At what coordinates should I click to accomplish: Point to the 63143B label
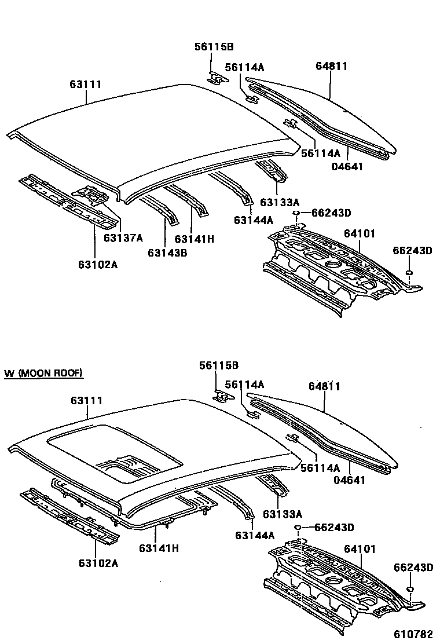(167, 252)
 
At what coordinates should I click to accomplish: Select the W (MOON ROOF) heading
(44, 373)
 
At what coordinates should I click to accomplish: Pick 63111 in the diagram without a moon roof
(86, 85)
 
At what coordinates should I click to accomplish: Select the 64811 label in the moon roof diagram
(324, 387)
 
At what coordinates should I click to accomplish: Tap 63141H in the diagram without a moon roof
(195, 239)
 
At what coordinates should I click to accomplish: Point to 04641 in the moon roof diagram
(350, 480)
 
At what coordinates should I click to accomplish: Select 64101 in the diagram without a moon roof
(360, 233)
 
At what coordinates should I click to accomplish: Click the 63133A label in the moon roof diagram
(282, 514)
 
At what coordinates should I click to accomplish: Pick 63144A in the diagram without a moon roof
(254, 219)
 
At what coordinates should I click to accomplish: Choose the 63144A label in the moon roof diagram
(254, 536)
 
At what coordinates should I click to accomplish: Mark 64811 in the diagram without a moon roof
(332, 66)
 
